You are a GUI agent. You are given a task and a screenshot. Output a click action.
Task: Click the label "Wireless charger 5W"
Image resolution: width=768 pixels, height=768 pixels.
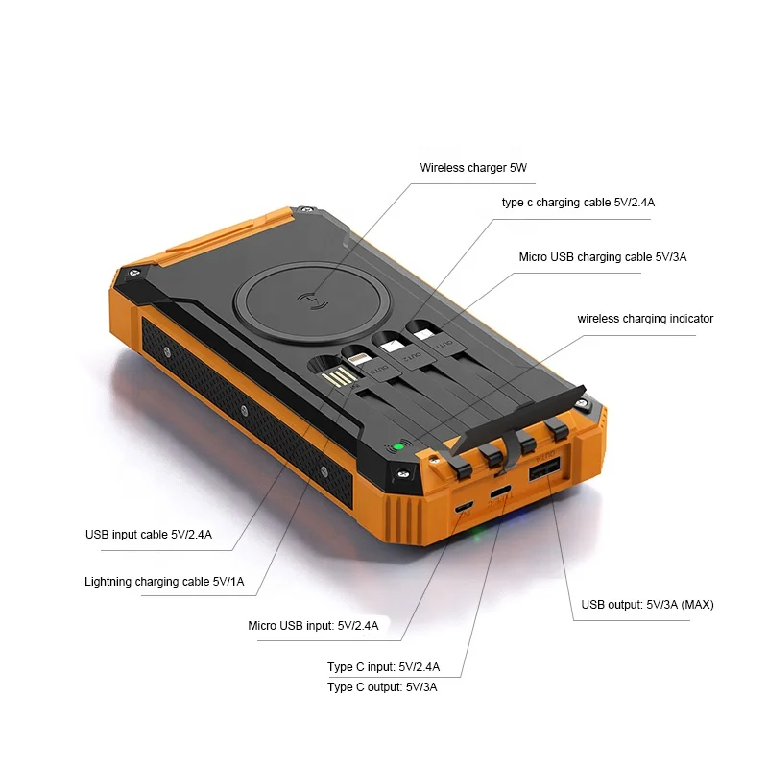coord(473,168)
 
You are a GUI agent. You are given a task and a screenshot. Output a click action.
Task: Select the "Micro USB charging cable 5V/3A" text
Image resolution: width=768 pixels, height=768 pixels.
coord(603,257)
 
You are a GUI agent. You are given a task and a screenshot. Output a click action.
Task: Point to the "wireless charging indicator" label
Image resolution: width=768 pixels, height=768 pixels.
coord(645,319)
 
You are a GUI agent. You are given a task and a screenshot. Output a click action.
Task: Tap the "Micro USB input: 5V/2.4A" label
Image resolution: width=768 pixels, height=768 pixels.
coord(313,626)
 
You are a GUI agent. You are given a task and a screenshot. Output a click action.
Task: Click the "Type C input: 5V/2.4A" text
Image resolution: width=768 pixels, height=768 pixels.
coord(383,667)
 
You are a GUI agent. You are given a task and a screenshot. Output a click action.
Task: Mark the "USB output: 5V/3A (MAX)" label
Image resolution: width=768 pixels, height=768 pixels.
coord(647,605)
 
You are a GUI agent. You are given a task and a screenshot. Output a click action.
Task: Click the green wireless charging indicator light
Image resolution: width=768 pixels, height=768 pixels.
coord(397,446)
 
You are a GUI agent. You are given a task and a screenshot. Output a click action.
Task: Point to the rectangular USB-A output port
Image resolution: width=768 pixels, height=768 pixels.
coord(543,469)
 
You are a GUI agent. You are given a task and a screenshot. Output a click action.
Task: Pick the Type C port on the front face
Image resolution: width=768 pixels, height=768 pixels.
coord(501,493)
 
